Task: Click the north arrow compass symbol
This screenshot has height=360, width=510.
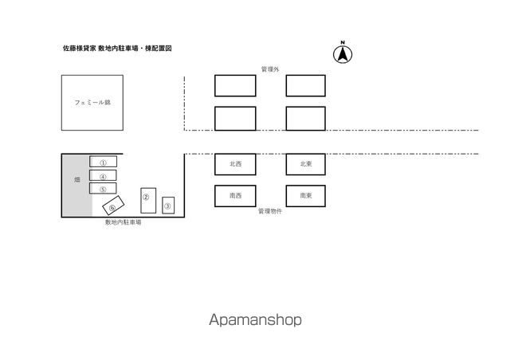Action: point(343,54)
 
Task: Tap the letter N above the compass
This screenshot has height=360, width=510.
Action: point(343,42)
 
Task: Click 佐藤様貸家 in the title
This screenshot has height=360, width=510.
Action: point(80,48)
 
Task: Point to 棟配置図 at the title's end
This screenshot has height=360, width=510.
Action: point(159,48)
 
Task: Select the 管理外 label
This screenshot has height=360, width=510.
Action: point(270,69)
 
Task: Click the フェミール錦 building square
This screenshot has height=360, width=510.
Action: point(92,103)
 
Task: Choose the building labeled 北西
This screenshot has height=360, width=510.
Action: point(235,164)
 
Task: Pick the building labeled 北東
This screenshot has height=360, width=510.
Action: point(306,164)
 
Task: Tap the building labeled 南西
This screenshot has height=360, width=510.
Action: point(235,196)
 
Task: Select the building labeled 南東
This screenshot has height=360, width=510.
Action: point(306,196)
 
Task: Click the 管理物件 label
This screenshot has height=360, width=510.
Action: point(270,211)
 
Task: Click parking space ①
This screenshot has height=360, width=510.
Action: point(103,162)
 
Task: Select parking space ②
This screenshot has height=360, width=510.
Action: point(148,201)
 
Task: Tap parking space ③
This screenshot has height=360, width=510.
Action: point(168,205)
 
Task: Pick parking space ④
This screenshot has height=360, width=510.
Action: point(103,175)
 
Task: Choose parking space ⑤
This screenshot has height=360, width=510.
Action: point(103,188)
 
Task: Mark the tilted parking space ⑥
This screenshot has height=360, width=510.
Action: point(113,205)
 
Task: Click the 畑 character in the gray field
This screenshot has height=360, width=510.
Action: point(77,179)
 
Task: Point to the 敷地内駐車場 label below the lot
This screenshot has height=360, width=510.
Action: point(124,222)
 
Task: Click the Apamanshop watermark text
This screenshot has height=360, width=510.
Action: point(255,319)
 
